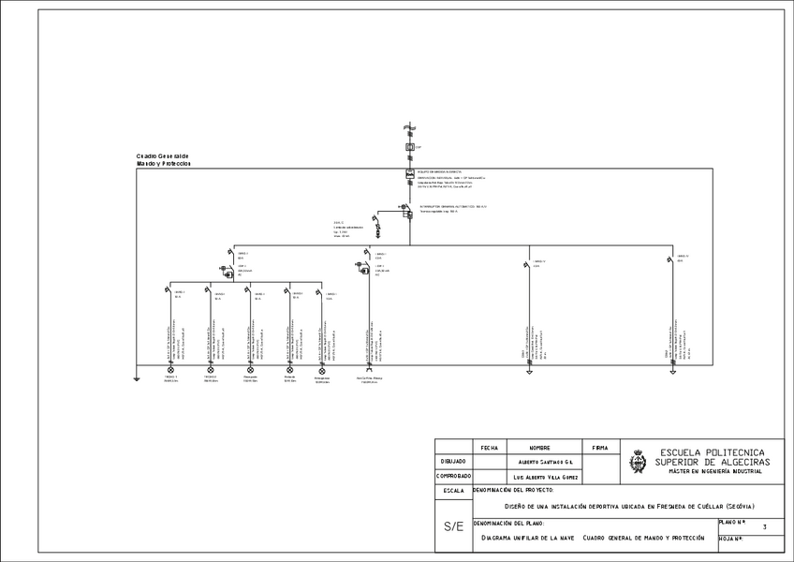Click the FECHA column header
click(x=489, y=448)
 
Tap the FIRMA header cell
click(x=600, y=448)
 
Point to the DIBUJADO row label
click(x=453, y=462)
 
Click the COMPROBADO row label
click(x=453, y=476)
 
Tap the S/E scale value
click(x=453, y=526)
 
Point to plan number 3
click(x=765, y=528)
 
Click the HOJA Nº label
click(x=731, y=540)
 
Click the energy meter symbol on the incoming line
click(x=409, y=175)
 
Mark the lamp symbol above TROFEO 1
click(x=170, y=370)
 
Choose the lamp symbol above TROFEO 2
click(x=210, y=370)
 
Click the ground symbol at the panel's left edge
click(x=136, y=379)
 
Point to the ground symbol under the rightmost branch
click(x=672, y=371)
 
